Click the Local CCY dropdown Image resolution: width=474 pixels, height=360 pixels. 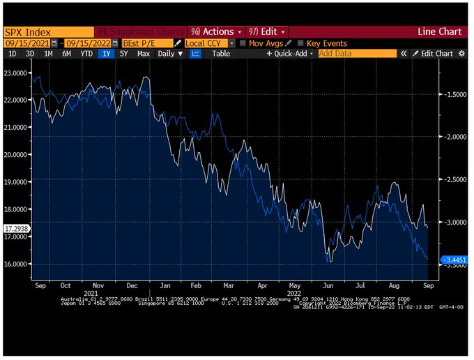click(x=205, y=43)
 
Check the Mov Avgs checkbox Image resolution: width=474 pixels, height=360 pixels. click(x=242, y=43)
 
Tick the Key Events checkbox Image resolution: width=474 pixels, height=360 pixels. click(x=300, y=43)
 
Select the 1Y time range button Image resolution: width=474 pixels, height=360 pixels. click(x=106, y=54)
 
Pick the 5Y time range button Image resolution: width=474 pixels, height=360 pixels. click(x=124, y=54)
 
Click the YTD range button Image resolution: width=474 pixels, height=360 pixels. click(x=86, y=54)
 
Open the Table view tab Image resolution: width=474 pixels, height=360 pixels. click(x=221, y=54)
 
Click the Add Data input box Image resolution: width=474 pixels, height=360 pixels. click(x=357, y=54)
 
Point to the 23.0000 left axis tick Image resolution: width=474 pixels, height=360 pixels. click(x=17, y=72)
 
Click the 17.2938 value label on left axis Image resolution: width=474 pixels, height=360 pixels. click(x=17, y=228)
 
